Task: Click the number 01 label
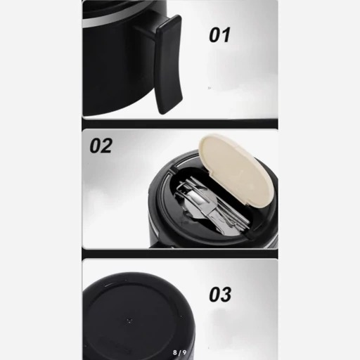pyautogui.click(x=219, y=35)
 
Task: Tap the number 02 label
pyautogui.click(x=101, y=146)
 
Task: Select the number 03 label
pyautogui.click(x=220, y=295)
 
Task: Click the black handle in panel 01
pyautogui.click(x=169, y=65)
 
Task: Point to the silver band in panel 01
pyautogui.click(x=117, y=18)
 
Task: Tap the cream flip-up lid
pyautogui.click(x=236, y=171)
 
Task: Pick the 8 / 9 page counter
pyautogui.click(x=179, y=352)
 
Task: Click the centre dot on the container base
pyautogui.click(x=129, y=321)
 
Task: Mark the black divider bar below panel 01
pyautogui.click(x=180, y=124)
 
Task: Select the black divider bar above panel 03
pyautogui.click(x=180, y=254)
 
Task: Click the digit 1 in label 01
pyautogui.click(x=226, y=35)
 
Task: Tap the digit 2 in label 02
pyautogui.click(x=107, y=146)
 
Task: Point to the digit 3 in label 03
pyautogui.click(x=226, y=295)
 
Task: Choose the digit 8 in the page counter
pyautogui.click(x=175, y=352)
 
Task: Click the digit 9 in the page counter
pyautogui.click(x=184, y=352)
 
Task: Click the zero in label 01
pyautogui.click(x=214, y=35)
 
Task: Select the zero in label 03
pyautogui.click(x=214, y=295)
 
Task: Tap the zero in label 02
pyautogui.click(x=95, y=146)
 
